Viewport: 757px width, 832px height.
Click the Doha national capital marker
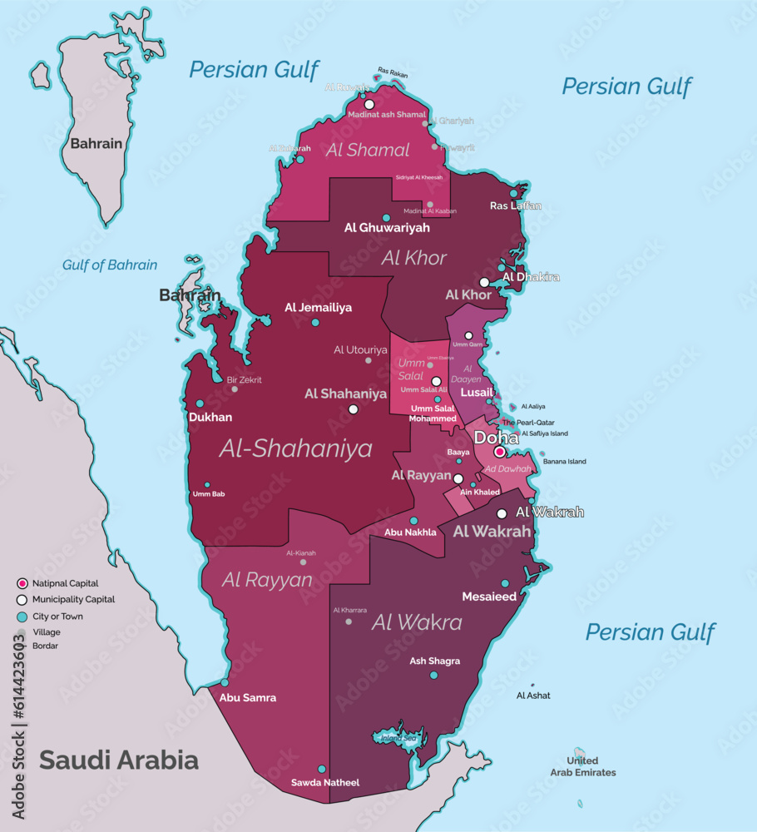[x=499, y=452]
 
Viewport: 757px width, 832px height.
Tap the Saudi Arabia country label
[x=119, y=760]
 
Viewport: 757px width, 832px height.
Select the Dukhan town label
[x=210, y=418]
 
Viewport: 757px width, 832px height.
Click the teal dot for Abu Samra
[x=225, y=682]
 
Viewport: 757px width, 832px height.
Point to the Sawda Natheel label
[x=324, y=783]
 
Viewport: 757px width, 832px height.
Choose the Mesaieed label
[x=489, y=597]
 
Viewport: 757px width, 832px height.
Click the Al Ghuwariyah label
[x=387, y=227]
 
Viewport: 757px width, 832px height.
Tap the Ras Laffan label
[x=515, y=206]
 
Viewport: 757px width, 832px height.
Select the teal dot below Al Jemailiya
[x=314, y=322]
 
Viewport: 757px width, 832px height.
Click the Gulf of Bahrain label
[x=110, y=265]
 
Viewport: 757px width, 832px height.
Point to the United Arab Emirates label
[x=582, y=766]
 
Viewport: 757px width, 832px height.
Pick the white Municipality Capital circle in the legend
[x=22, y=600]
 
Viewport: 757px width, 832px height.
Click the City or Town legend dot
[x=22, y=617]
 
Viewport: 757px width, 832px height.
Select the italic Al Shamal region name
[x=369, y=150]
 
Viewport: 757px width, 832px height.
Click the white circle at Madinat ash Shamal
[x=369, y=105]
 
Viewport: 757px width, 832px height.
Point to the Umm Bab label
[x=208, y=494]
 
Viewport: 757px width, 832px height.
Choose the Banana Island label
[x=564, y=462]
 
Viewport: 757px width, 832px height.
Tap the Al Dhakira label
[x=531, y=277]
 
